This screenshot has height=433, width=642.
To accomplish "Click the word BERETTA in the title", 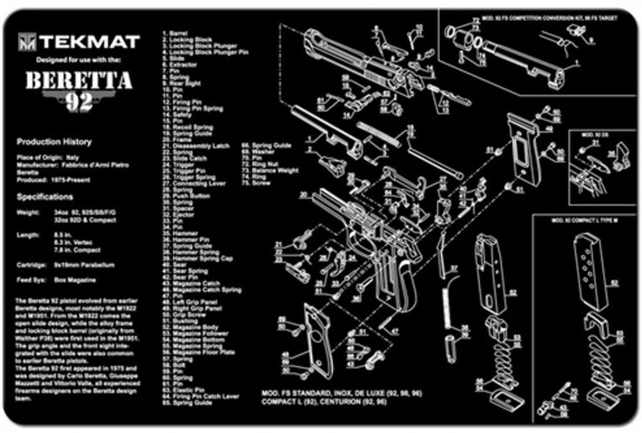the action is click(x=78, y=82).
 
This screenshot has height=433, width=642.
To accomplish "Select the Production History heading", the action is click(x=54, y=142).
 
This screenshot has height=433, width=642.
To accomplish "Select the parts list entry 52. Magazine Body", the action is click(x=191, y=327).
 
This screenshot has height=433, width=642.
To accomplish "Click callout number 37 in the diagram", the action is click(x=454, y=268).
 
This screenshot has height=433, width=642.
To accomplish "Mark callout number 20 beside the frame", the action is click(x=303, y=195).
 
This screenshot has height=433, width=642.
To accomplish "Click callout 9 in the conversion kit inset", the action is click(x=591, y=40).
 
